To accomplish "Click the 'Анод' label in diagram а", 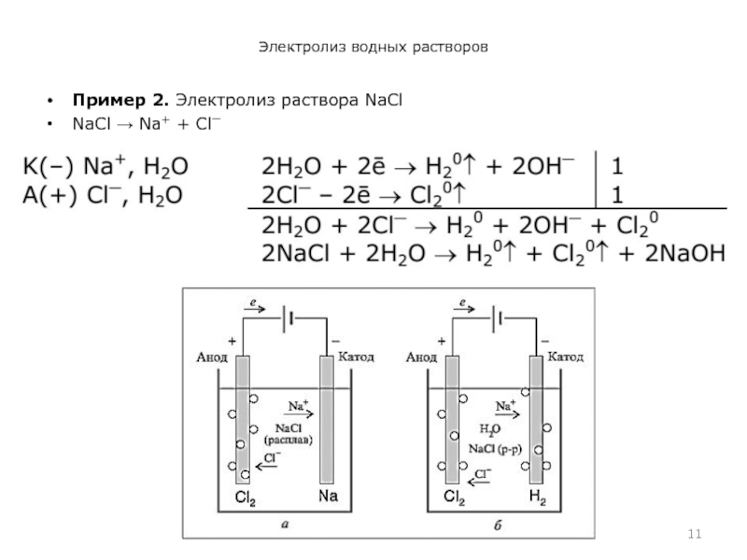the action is [212, 357].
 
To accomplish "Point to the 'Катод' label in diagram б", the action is [565, 357].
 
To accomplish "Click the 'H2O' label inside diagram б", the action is [490, 429].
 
